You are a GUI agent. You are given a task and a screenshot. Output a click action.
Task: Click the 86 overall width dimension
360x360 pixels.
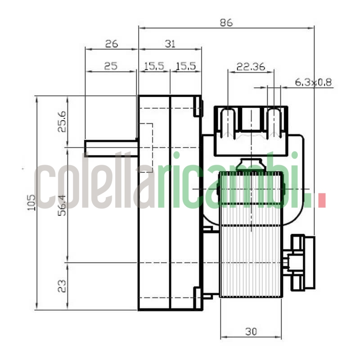(226, 22)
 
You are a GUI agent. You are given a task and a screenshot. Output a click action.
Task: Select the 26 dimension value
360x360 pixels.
(111, 44)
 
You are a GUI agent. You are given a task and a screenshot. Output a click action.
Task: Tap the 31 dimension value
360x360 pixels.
(170, 44)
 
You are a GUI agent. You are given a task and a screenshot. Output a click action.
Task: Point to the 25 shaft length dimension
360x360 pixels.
(110, 66)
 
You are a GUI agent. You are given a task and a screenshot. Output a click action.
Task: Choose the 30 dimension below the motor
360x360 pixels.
(251, 332)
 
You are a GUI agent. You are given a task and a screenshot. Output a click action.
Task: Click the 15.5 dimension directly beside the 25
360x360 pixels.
(153, 66)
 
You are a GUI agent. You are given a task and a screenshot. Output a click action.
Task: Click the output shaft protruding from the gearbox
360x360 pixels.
(111, 148)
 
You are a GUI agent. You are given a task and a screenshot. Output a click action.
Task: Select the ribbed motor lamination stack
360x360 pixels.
(251, 234)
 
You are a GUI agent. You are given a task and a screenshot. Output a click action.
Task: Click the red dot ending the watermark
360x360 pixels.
(321, 200)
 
